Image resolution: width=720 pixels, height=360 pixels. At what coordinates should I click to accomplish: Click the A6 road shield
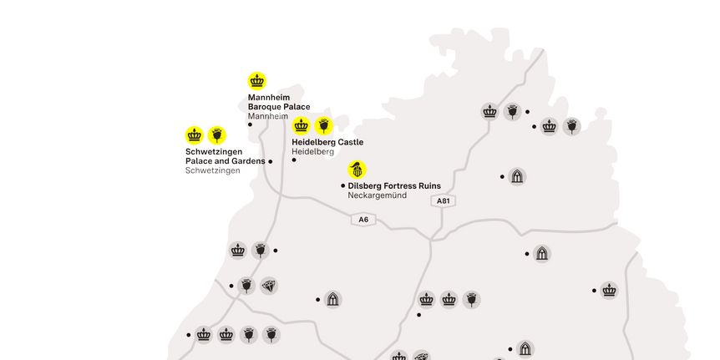point(363,220)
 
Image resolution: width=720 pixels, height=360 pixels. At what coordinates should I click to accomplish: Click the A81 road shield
point(443,200)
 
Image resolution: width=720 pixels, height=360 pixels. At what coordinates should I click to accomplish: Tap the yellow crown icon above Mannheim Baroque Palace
point(257,81)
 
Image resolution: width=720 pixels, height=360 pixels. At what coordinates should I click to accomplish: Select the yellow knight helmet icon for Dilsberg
point(357,169)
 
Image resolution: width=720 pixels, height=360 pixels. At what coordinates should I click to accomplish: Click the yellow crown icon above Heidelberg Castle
point(302,126)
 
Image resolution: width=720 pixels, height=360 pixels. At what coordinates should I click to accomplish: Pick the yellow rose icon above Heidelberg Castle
point(324,126)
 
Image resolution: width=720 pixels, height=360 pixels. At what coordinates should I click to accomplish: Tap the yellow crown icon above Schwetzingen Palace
point(195,135)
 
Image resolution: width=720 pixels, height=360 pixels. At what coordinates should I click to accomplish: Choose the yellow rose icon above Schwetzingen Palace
point(217,135)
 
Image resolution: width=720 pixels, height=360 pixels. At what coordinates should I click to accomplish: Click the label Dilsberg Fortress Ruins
point(394,185)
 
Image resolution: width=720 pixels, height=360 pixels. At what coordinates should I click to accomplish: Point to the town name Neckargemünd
point(377,195)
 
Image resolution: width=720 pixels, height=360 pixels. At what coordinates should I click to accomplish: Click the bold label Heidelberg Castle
point(327,142)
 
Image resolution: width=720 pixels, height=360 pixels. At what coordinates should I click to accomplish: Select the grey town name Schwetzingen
point(212,170)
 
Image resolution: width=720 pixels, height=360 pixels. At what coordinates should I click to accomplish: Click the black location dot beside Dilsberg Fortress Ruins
point(342,185)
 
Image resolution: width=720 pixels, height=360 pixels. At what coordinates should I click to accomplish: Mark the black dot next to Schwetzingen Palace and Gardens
point(271,161)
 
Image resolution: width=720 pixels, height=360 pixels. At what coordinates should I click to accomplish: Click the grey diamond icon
point(268,286)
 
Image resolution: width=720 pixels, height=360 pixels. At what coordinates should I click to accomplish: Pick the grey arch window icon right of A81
point(517,176)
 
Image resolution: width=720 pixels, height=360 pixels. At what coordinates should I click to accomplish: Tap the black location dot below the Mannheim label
point(250,124)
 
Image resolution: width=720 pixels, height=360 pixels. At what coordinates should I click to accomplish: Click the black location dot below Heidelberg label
point(294,160)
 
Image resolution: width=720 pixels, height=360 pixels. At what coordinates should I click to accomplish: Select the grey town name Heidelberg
point(312,152)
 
